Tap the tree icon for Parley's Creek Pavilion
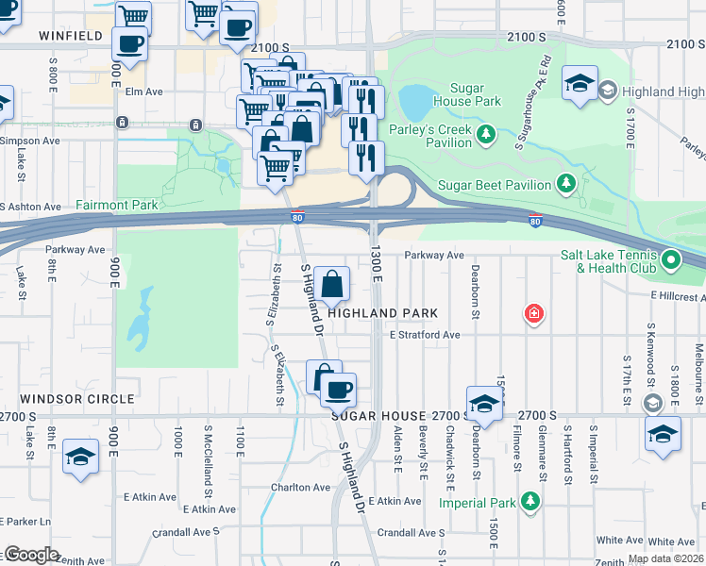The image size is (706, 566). point(487,132)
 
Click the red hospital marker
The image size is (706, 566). point(534,313)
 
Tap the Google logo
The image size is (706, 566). point(31,555)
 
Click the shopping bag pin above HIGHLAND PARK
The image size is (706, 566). point(332,284)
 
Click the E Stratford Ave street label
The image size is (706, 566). point(424,335)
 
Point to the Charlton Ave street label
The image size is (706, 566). point(300,488)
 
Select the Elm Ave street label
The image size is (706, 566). point(144,92)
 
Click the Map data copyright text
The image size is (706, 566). point(665,558)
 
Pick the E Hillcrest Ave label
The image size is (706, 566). point(677,296)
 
